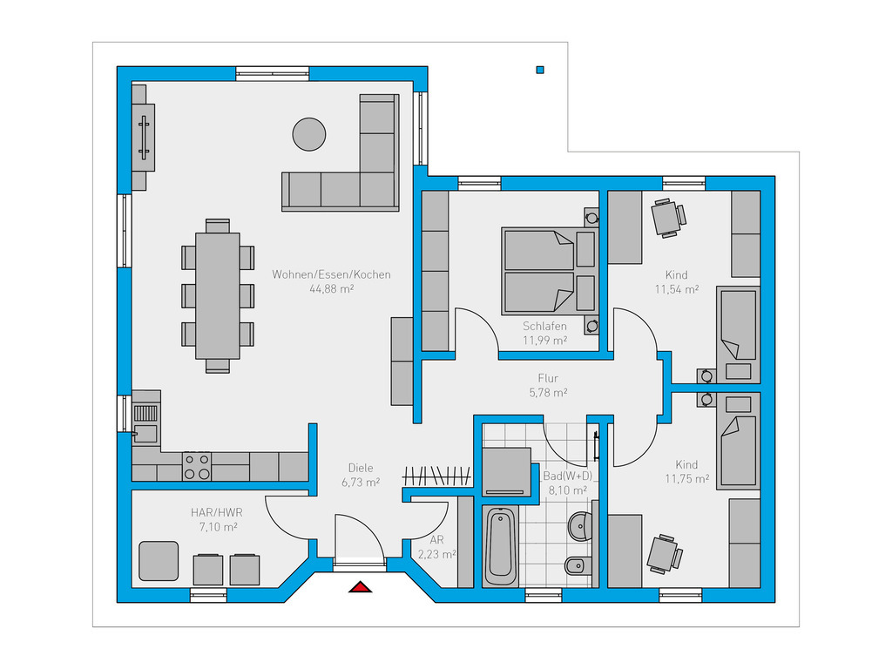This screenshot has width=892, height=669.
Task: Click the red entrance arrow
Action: coord(360,586)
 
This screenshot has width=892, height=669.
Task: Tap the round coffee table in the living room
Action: coord(309,134)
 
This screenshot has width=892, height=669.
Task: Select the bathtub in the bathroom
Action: coord(501,547)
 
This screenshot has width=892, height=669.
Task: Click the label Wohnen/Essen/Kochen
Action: coord(331,274)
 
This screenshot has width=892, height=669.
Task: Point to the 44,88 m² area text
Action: coord(331,289)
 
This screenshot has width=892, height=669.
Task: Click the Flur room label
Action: coord(548,378)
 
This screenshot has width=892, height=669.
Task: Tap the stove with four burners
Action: coord(197,466)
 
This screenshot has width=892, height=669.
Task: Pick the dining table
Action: coord(217,296)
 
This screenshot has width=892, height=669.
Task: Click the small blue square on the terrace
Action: coord(540,70)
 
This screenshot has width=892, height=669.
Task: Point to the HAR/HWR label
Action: coord(217,512)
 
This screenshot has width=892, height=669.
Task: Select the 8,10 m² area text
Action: coord(567,490)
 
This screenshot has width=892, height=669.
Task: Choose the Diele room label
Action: coord(361,468)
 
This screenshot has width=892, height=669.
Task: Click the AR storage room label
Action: coord(437,540)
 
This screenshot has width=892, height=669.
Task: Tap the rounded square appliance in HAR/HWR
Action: coord(159,561)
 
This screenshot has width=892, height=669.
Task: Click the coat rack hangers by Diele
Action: coord(436,476)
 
